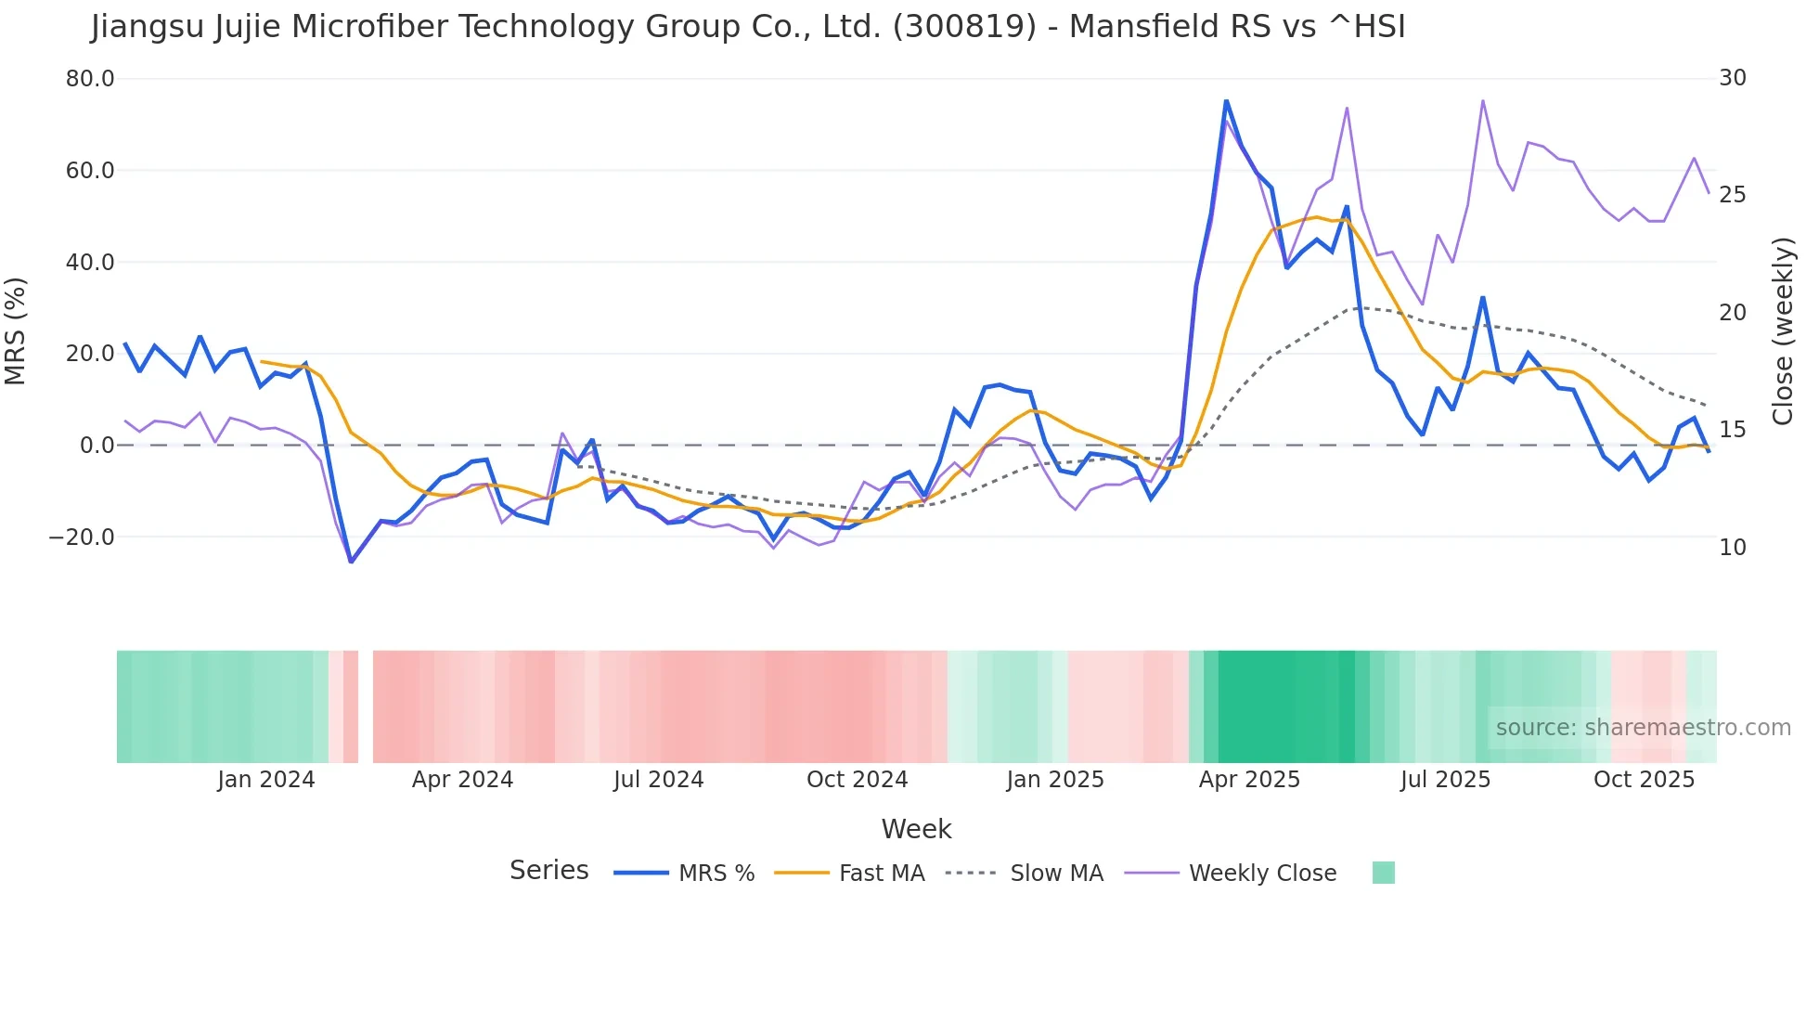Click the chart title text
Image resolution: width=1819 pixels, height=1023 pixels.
pyautogui.click(x=748, y=27)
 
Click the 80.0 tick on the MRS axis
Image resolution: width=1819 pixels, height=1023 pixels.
pyautogui.click(x=90, y=79)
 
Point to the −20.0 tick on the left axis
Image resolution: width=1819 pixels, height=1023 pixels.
pyautogui.click(x=82, y=537)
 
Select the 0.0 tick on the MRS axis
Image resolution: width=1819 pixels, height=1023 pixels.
pyautogui.click(x=97, y=446)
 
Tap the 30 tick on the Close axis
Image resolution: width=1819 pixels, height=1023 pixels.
pyautogui.click(x=1733, y=78)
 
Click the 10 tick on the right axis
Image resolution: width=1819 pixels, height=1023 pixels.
pyautogui.click(x=1733, y=548)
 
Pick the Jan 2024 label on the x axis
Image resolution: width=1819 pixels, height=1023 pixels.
pyautogui.click(x=266, y=780)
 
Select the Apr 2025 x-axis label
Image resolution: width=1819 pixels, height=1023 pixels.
pyautogui.click(x=1249, y=780)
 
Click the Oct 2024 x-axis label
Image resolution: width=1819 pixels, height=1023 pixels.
pyautogui.click(x=857, y=780)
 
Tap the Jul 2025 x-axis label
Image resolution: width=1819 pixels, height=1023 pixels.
pyautogui.click(x=1445, y=780)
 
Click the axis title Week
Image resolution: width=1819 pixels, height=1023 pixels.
pyautogui.click(x=916, y=829)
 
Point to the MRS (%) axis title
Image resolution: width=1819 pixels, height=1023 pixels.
pyautogui.click(x=16, y=331)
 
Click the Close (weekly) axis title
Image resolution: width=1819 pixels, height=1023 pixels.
pyautogui.click(x=1783, y=331)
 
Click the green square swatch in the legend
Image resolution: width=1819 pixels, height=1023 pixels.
pyautogui.click(x=1383, y=873)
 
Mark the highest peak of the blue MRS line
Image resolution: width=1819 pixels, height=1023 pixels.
pyautogui.click(x=1226, y=100)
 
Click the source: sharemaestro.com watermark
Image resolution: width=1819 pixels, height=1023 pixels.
pyautogui.click(x=1643, y=728)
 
